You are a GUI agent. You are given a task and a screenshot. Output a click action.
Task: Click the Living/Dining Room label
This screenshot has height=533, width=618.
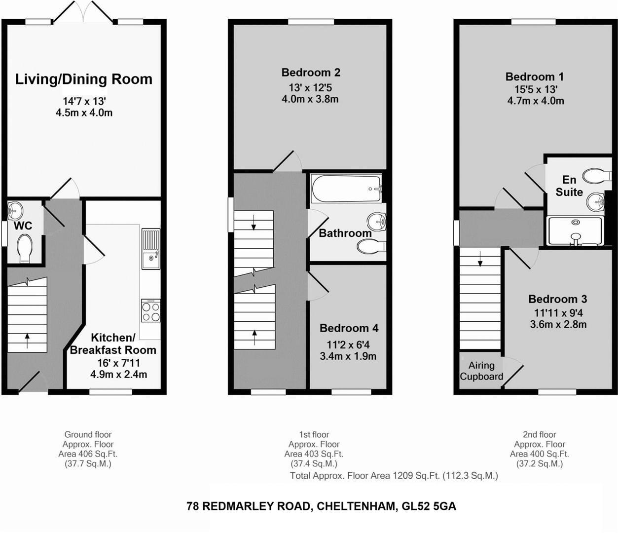click(84, 79)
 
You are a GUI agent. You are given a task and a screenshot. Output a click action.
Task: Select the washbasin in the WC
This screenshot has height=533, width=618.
click(15, 211)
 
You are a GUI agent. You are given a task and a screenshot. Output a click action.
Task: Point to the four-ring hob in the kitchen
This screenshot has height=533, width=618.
click(150, 310)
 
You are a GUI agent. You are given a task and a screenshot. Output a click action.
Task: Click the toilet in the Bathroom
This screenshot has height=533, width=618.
click(370, 246)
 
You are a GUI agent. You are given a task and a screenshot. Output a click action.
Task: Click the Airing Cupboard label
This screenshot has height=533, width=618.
click(481, 371)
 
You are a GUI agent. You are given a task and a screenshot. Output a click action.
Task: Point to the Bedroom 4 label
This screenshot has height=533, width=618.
click(349, 328)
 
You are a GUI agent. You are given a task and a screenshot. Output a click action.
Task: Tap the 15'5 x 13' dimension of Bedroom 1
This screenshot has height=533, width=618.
click(535, 89)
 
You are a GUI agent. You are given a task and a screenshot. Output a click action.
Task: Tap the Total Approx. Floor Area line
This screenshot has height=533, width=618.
click(394, 476)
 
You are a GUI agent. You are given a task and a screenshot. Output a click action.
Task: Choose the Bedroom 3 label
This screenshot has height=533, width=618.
click(557, 299)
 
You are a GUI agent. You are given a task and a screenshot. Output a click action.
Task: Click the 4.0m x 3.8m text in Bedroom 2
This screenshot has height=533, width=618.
click(310, 99)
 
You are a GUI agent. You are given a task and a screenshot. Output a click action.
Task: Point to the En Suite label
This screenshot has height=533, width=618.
click(569, 186)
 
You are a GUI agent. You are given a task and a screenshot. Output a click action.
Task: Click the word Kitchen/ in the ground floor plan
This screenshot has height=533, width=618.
click(112, 338)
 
